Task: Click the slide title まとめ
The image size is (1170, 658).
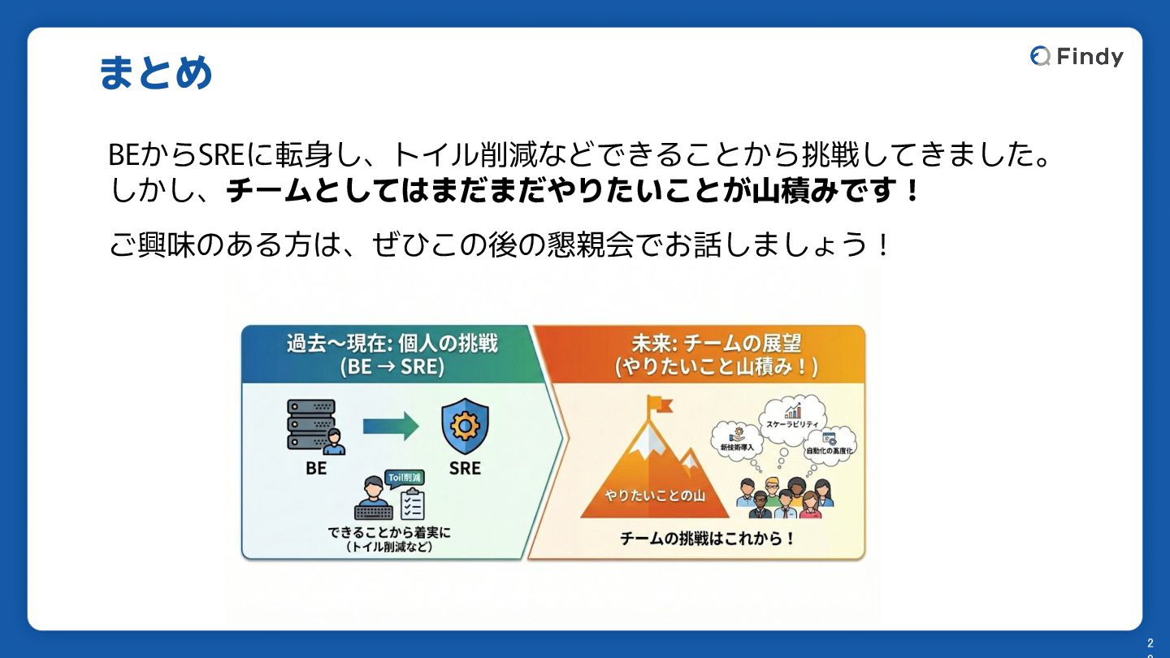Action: pyautogui.click(x=155, y=73)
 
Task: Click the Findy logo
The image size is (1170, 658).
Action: pyautogui.click(x=1077, y=56)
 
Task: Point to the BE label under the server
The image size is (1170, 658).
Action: pyautogui.click(x=316, y=469)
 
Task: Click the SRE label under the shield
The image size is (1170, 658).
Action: pyautogui.click(x=465, y=469)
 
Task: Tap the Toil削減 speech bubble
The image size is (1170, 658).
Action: pyautogui.click(x=404, y=478)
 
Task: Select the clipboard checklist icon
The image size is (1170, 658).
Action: pyautogui.click(x=411, y=504)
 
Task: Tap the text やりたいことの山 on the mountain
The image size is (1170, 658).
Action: pyautogui.click(x=655, y=496)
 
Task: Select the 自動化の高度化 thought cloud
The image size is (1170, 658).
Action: pyautogui.click(x=830, y=444)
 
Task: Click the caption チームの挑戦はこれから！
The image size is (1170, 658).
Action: pyautogui.click(x=706, y=539)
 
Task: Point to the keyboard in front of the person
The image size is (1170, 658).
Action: pyautogui.click(x=374, y=511)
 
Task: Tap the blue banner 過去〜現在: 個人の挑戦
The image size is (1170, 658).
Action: pyautogui.click(x=392, y=354)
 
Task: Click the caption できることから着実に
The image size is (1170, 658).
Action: pyautogui.click(x=388, y=533)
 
